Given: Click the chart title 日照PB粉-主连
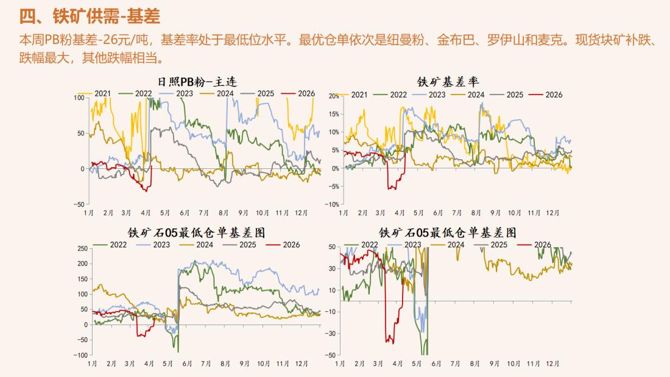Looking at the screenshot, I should tap(197, 81).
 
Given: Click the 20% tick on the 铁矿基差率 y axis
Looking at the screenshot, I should tap(333, 96).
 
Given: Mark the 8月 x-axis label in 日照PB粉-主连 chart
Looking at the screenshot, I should tap(224, 213).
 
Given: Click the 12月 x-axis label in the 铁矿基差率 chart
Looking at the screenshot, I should tap(552, 213).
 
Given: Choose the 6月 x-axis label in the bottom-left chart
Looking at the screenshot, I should tap(186, 364).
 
